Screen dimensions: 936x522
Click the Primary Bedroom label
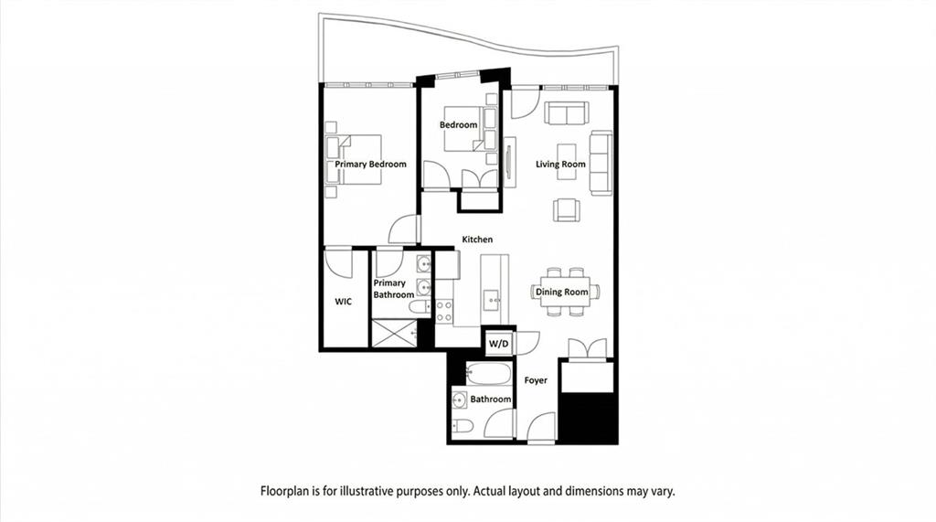pos(370,165)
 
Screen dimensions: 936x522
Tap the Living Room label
pos(560,165)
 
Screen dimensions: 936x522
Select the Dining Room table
pos(565,292)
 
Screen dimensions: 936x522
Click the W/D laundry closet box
pos(499,344)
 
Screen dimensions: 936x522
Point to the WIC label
pos(344,302)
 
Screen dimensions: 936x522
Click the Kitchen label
pos(477,240)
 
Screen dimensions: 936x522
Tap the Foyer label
pos(536,380)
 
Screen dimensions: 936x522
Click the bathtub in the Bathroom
pos(489,374)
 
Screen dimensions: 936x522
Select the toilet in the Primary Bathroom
pos(420,307)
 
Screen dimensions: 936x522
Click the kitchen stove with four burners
pos(443,311)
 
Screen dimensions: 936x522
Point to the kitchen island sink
pos(492,297)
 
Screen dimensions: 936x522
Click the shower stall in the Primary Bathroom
pos(394,334)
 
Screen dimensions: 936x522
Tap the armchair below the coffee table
pos(567,210)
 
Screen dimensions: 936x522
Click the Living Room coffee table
pos(567,161)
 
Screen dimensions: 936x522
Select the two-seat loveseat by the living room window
pos(567,112)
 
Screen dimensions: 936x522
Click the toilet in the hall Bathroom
pos(463,425)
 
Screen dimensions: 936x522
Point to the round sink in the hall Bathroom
pos(461,399)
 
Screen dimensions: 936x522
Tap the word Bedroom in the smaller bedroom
pos(459,125)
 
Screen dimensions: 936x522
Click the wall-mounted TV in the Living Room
pos(508,162)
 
